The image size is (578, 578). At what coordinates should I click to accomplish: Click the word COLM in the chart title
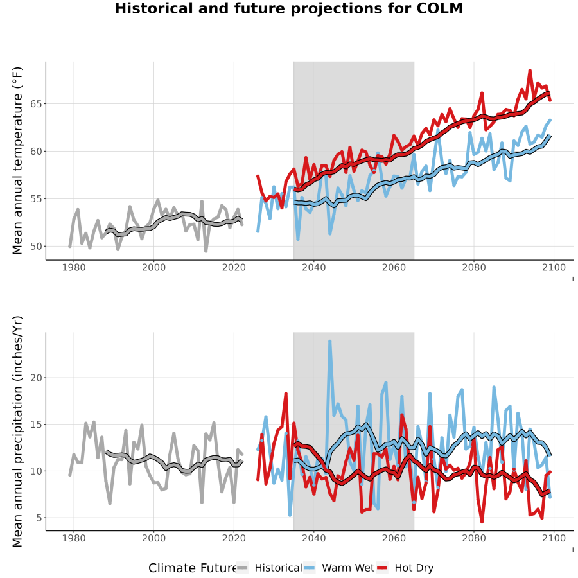point(439,8)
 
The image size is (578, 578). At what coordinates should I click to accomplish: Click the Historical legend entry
point(269,568)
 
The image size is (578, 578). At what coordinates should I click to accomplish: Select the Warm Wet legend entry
point(339,568)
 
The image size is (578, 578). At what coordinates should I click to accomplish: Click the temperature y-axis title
point(17,161)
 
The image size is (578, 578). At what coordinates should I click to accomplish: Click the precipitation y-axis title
point(17,432)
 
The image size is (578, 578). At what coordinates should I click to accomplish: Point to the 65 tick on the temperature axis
point(36,104)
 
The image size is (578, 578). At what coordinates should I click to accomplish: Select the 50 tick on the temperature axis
point(36,246)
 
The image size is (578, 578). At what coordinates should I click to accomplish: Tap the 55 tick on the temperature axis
point(36,199)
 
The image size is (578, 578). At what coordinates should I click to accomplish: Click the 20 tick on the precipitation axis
point(36,378)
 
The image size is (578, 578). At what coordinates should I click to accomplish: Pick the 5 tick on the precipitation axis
point(39,518)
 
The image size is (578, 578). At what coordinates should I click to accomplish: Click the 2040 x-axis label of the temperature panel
point(313,267)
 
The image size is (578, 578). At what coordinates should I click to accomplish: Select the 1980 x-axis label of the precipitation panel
point(74,538)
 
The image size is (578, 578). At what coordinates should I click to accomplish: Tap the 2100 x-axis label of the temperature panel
point(554,267)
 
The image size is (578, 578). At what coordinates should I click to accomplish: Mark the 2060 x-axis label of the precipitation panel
point(394,538)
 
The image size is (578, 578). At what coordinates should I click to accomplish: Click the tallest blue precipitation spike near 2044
point(330,342)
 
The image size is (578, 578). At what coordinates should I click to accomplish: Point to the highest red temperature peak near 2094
point(530,71)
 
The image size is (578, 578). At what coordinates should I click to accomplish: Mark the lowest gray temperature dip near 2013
point(206,251)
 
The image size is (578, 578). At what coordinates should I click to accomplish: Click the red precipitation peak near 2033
point(286,394)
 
